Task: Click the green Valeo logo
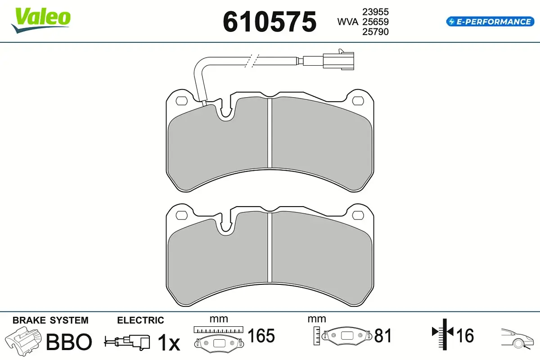pos(41,20)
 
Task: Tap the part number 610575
pos(270,22)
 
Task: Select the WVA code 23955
pos(375,12)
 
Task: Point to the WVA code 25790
pos(375,31)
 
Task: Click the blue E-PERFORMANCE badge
pos(490,22)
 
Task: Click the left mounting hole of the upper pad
pos(182,101)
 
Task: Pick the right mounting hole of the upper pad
pos(358,101)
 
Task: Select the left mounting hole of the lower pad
pos(182,215)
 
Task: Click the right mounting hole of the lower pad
pos(358,215)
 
